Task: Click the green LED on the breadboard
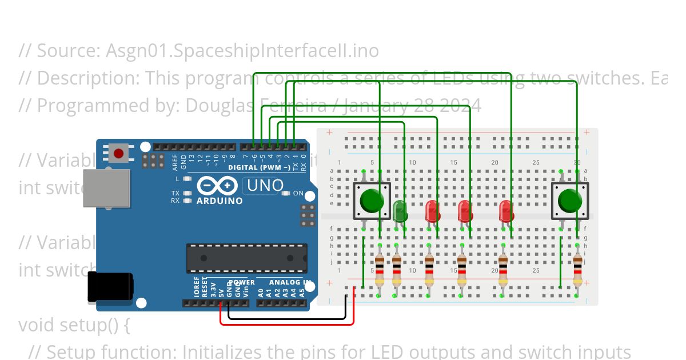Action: pyautogui.click(x=400, y=210)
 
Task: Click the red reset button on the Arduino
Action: pyautogui.click(x=118, y=153)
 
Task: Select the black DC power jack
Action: pyautogui.click(x=109, y=287)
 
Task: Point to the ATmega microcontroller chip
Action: pyautogui.click(x=246, y=258)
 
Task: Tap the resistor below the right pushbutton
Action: pyautogui.click(x=577, y=271)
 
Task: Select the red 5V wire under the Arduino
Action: pyautogui.click(x=286, y=324)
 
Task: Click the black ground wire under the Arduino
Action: pyautogui.click(x=286, y=318)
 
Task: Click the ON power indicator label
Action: pyautogui.click(x=298, y=193)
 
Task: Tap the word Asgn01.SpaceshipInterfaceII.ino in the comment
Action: pyautogui.click(x=242, y=51)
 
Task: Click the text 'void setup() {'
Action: pyautogui.click(x=74, y=325)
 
